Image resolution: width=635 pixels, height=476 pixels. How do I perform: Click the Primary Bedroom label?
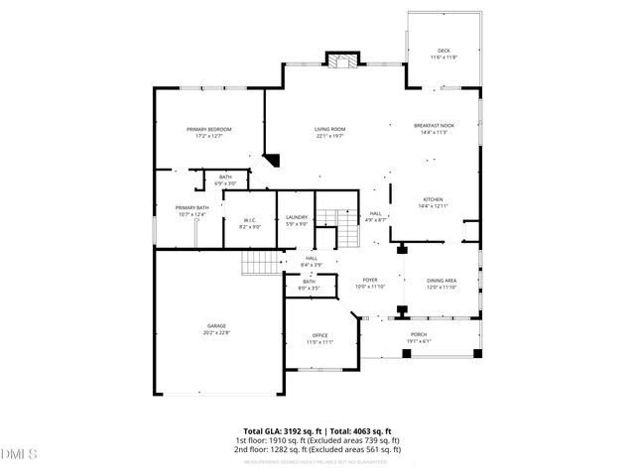[209, 130]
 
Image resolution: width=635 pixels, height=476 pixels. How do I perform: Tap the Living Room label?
[329, 130]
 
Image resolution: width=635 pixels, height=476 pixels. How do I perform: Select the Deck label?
[443, 52]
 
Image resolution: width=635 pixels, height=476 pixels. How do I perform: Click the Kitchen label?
[435, 199]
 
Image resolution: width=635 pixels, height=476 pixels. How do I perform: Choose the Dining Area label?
[442, 281]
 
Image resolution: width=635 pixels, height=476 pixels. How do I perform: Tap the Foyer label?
[369, 281]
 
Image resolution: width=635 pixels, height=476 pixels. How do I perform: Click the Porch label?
[419, 334]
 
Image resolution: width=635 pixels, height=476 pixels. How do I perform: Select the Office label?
[319, 335]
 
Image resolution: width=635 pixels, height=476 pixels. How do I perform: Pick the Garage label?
[216, 326]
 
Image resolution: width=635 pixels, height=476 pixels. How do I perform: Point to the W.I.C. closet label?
[248, 220]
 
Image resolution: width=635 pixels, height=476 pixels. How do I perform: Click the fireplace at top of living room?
[345, 61]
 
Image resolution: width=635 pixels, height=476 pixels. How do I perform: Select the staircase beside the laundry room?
[342, 230]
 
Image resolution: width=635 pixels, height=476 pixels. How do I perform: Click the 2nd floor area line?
[317, 448]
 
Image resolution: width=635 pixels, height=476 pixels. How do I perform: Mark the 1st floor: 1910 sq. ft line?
[317, 439]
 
